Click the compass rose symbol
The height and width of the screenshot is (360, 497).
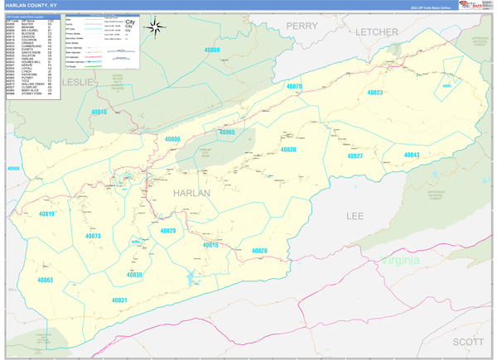[x=155, y=28]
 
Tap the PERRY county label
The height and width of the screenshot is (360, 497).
[x=302, y=26]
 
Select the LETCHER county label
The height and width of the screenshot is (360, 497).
[x=377, y=31]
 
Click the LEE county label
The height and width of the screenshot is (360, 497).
[x=355, y=215]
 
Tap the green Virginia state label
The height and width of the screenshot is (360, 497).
[x=401, y=261]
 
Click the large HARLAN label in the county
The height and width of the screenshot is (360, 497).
[x=191, y=192]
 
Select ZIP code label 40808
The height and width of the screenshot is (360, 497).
[x=212, y=50]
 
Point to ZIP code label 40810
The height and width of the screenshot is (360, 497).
[x=99, y=111]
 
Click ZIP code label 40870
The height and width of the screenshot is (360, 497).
[x=293, y=87]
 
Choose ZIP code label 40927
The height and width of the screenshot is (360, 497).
[x=355, y=156]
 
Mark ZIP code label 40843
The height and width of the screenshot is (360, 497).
[x=412, y=155]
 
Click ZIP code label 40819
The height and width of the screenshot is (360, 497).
[x=46, y=214]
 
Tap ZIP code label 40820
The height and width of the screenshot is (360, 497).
[x=259, y=250]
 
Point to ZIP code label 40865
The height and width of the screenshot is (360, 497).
[x=227, y=132]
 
